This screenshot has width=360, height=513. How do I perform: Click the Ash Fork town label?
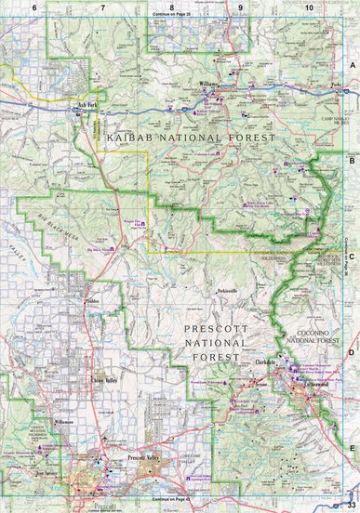click(87, 105)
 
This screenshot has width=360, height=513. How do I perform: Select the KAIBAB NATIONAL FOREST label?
click(192, 137)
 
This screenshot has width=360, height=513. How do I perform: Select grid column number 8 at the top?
click(171, 7)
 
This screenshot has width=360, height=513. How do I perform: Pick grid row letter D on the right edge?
click(353, 352)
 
